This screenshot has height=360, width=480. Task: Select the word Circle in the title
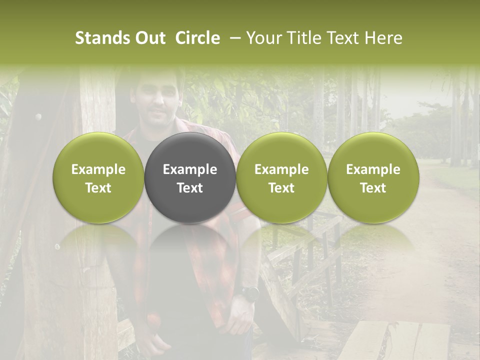[x=197, y=38]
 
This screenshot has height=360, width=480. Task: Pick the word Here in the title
[x=382, y=38]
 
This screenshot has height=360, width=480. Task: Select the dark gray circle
[x=190, y=177]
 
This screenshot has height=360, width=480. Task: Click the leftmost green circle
[x=98, y=177]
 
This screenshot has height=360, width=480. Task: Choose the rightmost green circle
[x=373, y=177]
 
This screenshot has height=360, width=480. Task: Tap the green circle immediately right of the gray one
[x=281, y=177]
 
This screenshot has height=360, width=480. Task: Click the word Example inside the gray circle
[x=190, y=169]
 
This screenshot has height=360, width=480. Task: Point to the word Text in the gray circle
[x=190, y=188]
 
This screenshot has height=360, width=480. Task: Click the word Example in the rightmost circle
[x=373, y=169]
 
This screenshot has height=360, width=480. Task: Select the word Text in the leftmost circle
[x=98, y=188]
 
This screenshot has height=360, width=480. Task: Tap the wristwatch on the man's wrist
[x=249, y=293]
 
